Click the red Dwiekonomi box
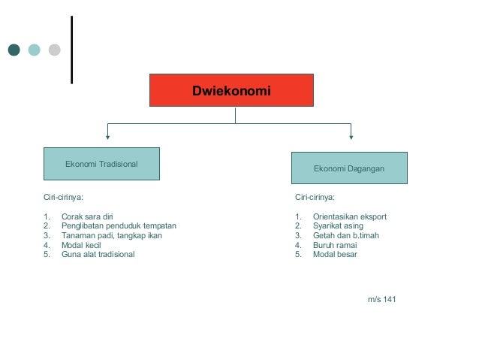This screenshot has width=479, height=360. coord(231,90)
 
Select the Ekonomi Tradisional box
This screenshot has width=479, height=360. coord(101,164)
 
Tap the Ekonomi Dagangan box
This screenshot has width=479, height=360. coord(349,168)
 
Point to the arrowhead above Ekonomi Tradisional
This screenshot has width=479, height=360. coord(108,137)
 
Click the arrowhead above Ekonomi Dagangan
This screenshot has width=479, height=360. coord(351,137)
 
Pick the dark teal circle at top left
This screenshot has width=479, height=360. coord(14,50)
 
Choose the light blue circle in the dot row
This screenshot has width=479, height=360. coord(35,50)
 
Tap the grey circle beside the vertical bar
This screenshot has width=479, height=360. coord(54,50)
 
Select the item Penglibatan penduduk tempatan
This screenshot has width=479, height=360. coord(118,225)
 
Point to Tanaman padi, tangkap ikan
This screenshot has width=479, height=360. coord(111,235)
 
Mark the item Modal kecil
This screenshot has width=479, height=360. coord(81,245)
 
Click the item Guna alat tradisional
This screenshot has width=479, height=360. coord(98,254)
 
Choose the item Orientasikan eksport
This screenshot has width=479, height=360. coord(349,216)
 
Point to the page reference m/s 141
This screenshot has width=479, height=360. coord(381,300)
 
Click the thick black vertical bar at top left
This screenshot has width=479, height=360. coord(72,50)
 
